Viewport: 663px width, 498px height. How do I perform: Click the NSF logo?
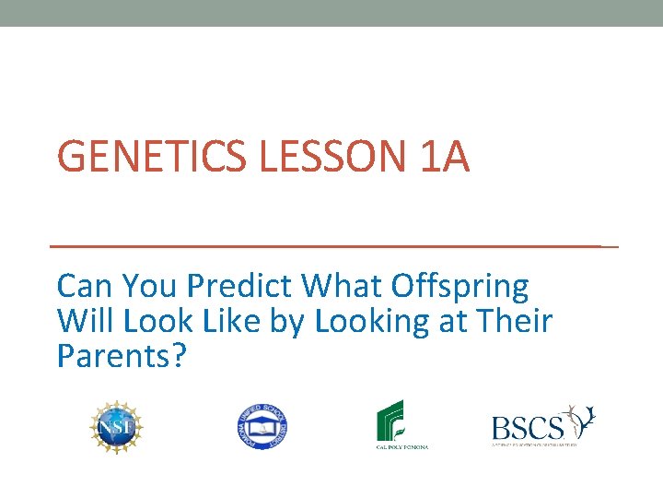(117, 426)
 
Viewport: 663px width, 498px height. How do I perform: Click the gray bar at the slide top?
(331, 13)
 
